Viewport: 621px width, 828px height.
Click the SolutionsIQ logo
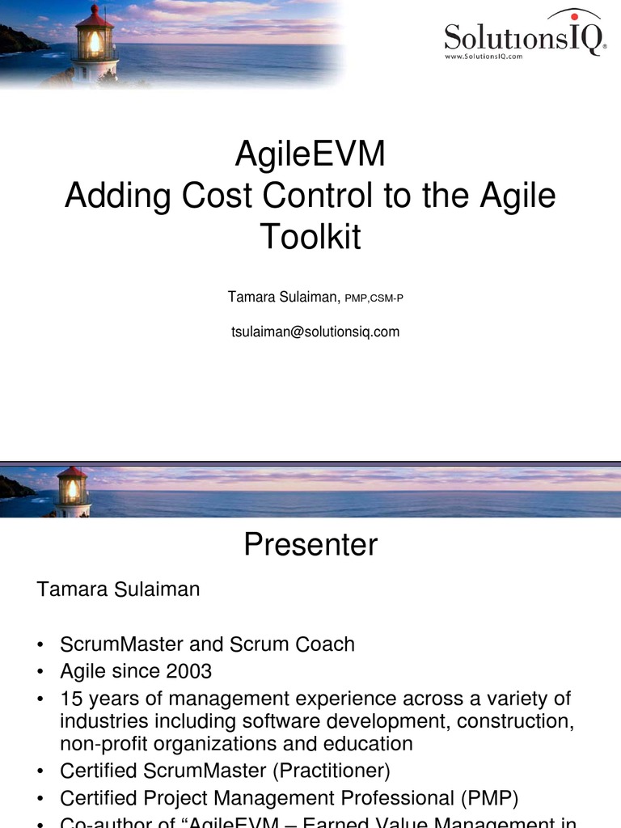[x=525, y=36]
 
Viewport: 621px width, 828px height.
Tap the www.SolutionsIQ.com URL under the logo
[x=484, y=57]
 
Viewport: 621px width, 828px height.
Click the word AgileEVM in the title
[x=310, y=154]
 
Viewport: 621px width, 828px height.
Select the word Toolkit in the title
[x=310, y=237]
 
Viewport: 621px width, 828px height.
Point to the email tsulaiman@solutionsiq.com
[x=315, y=332]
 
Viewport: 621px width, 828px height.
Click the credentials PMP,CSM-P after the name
[x=374, y=298]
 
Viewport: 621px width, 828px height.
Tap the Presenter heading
[x=310, y=545]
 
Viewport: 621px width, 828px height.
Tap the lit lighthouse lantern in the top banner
[x=95, y=42]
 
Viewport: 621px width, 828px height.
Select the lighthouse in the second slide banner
[x=72, y=492]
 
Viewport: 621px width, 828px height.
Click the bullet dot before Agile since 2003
[x=41, y=672]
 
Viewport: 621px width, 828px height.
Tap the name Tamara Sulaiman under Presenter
[x=118, y=589]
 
